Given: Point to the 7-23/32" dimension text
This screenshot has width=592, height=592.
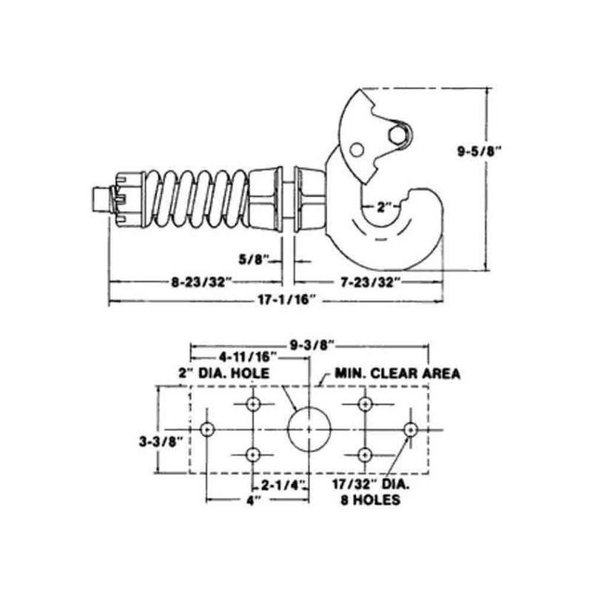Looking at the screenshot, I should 370,281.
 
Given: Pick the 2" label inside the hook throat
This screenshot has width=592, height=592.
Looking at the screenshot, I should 382,207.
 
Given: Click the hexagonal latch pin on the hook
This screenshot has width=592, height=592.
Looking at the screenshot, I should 397,133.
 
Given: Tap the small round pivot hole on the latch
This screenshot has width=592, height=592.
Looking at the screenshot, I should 357,150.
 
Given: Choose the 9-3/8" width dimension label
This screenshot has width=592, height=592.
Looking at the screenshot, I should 310,344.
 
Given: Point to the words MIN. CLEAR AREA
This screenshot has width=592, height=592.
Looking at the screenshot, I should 397,373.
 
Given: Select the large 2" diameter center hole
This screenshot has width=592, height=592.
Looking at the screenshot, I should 309,429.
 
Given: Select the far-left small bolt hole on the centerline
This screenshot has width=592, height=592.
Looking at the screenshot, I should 207,429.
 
